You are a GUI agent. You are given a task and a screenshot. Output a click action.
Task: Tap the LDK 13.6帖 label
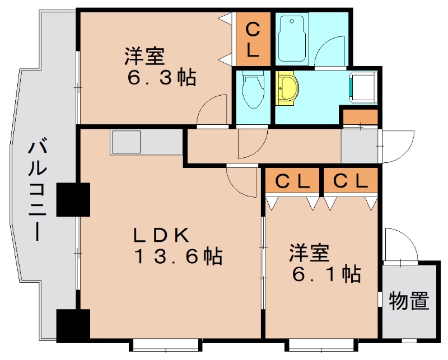tap(178, 246)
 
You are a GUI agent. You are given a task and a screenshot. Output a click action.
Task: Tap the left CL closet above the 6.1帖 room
tap(292, 181)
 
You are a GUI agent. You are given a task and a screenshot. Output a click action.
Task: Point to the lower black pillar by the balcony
tap(73, 324)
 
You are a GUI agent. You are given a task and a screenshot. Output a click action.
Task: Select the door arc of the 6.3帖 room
tap(213, 110)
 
